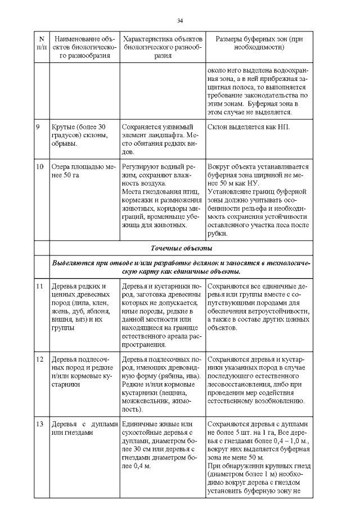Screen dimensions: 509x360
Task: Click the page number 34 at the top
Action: [x=180, y=21]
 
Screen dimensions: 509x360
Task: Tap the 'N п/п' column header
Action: [x=42, y=43]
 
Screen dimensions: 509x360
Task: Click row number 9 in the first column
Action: [x=38, y=127]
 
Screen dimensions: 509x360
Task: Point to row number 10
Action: [x=39, y=167]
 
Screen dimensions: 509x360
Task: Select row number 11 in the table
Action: [x=39, y=286]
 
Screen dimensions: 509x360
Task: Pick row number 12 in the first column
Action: [x=39, y=359]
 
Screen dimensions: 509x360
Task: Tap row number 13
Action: [x=39, y=424]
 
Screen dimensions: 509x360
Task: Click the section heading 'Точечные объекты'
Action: [x=179, y=248]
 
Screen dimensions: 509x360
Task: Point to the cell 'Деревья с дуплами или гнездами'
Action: [x=84, y=428]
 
